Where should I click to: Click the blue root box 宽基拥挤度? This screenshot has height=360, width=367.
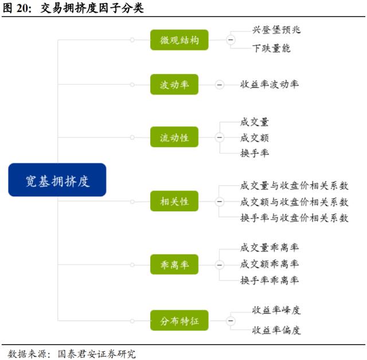point(57,180)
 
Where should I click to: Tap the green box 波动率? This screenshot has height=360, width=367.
point(174,85)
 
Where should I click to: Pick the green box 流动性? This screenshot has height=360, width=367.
point(174,137)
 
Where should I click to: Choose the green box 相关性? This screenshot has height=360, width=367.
point(174,202)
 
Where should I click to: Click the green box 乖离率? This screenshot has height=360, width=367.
point(174,265)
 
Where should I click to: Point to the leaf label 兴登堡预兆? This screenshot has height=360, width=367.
point(276,30)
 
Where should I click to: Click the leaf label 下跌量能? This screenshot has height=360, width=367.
point(271,48)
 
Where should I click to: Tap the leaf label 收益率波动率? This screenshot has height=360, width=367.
point(269,84)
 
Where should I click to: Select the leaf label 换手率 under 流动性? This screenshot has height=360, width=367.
point(255,153)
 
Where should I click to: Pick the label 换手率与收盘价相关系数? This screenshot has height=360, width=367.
point(294,218)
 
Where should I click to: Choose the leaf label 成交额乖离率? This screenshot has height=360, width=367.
point(269,264)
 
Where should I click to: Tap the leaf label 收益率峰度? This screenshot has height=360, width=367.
point(276,311)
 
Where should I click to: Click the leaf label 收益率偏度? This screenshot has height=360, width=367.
point(276,330)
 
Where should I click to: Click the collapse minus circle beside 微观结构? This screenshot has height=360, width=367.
point(231,40)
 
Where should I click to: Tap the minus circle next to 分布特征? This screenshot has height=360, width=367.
point(231,320)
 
